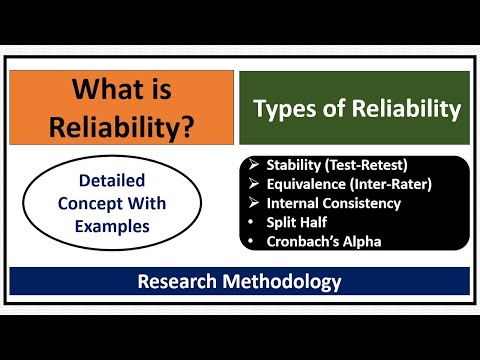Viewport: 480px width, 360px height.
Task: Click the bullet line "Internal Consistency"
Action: coord(334,203)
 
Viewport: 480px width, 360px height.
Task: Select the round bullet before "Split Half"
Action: coord(255,221)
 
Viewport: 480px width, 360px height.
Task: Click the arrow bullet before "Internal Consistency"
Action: coord(255,203)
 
